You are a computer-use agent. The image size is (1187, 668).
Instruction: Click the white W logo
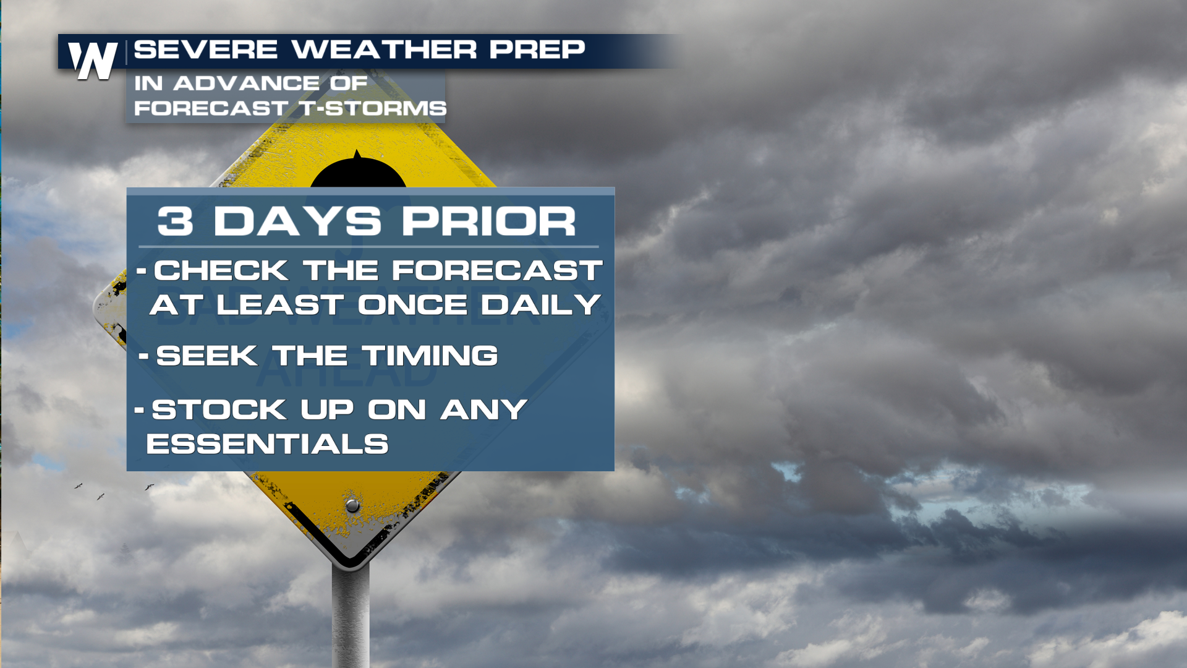tap(93, 61)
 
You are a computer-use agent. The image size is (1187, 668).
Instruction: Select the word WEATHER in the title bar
tap(384, 49)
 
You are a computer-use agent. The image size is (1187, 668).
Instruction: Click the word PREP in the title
tap(537, 49)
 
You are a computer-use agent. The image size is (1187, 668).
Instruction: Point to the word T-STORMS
tap(373, 108)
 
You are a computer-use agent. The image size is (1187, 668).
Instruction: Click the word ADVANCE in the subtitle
tap(247, 83)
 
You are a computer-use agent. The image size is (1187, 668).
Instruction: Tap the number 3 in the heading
tap(175, 221)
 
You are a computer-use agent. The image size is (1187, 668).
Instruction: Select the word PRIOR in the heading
tap(489, 221)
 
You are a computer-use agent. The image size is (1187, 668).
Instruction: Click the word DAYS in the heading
tap(297, 221)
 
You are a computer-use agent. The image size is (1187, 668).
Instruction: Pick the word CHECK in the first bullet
tap(221, 270)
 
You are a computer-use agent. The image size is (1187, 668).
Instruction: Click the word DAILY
tap(540, 304)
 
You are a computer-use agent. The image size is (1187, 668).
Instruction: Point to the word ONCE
tap(412, 304)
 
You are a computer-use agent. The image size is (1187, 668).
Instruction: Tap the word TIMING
tap(430, 356)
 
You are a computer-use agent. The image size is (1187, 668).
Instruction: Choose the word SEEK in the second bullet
tap(207, 356)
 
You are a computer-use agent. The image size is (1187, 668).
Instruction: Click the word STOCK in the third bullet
tap(219, 409)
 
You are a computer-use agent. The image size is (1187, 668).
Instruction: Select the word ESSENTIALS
tap(267, 444)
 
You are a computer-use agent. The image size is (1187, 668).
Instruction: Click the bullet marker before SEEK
tap(144, 356)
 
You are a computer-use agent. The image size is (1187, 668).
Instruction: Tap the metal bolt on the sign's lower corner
tap(352, 505)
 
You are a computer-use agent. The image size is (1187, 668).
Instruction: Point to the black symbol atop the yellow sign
tap(358, 170)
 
